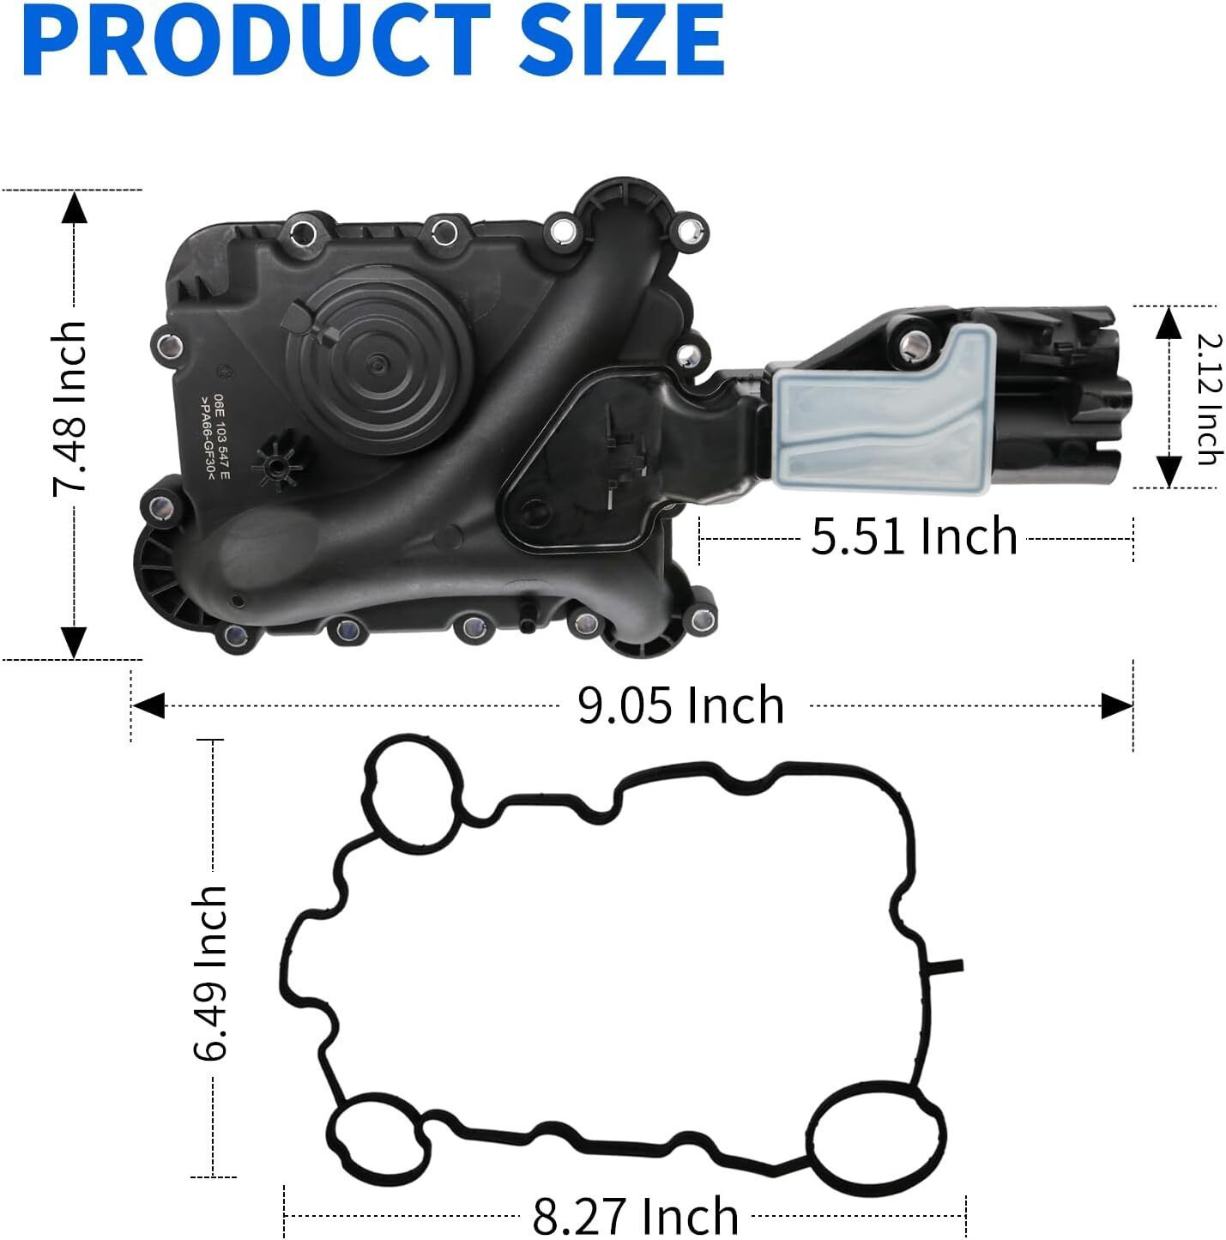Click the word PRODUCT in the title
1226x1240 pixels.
pos(257,39)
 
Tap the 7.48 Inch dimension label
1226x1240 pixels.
pos(69,409)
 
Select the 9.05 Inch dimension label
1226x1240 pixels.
pos(680,705)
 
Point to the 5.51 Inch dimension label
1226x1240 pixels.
pos(914,535)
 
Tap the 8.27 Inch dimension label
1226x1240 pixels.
pos(635,1214)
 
